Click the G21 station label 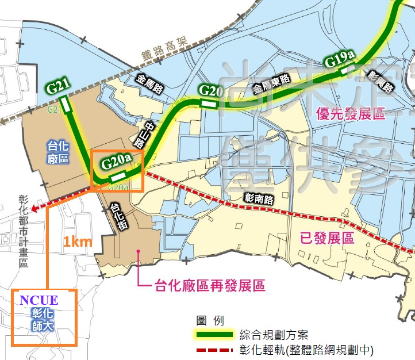pos(59,87)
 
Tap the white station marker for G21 pos(66,106)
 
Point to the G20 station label pos(210,90)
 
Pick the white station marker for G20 pos(208,105)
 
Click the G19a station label pos(340,59)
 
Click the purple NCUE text pos(39,300)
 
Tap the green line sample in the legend pos(214,335)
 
